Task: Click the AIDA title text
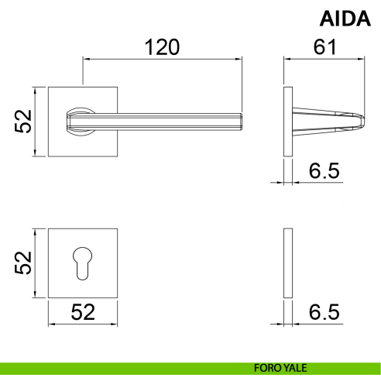345,19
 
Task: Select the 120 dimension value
162,47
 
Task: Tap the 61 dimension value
324,47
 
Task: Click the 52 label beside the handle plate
22,122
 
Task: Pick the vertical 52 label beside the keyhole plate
22,263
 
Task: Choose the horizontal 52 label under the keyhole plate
83,312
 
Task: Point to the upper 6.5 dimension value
324,171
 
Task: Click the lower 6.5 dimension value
324,312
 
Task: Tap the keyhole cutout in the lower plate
82,263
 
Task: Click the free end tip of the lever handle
242,122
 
